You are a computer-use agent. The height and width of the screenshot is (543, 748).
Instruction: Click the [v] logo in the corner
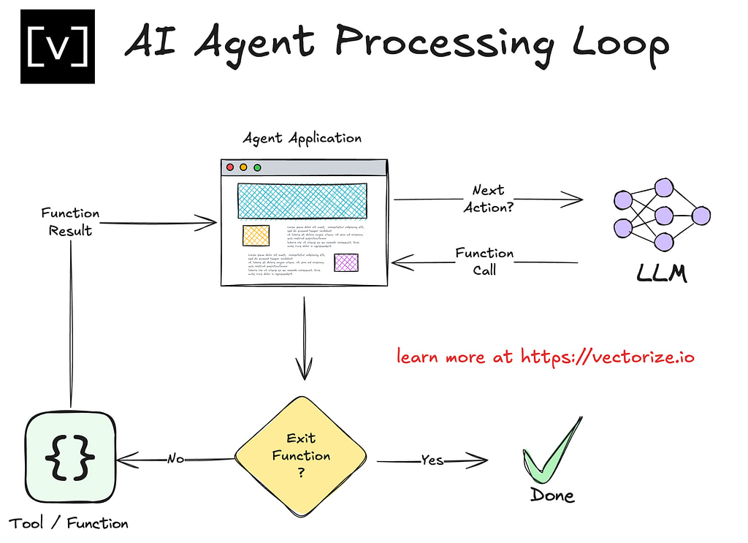click(57, 46)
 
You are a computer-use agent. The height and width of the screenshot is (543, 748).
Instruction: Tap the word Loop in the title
click(620, 44)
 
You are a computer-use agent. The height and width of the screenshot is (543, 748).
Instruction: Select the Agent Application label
click(302, 137)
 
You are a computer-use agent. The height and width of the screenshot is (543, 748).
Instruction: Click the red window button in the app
click(230, 167)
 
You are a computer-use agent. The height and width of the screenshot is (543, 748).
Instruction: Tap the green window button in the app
click(257, 167)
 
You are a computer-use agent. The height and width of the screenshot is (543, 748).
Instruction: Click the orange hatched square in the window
click(256, 235)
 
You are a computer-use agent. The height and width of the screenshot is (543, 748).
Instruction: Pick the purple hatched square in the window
click(346, 262)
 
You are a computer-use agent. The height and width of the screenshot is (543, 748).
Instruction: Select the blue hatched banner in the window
click(302, 201)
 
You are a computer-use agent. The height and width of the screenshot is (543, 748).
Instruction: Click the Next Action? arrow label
click(488, 199)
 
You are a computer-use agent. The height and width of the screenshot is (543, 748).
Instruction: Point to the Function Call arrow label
click(484, 262)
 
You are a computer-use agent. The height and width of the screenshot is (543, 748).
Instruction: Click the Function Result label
click(70, 222)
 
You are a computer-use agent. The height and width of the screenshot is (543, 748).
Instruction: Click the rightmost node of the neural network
click(701, 216)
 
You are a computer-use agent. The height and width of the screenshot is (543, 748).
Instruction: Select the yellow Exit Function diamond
click(301, 455)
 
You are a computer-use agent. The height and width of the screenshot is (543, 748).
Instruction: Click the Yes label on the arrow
click(432, 460)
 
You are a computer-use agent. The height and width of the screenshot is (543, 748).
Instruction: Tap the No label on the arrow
click(175, 459)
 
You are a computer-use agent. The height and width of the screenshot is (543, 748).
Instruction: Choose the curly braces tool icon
click(70, 457)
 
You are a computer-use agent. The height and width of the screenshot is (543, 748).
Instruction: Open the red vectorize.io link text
click(545, 357)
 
